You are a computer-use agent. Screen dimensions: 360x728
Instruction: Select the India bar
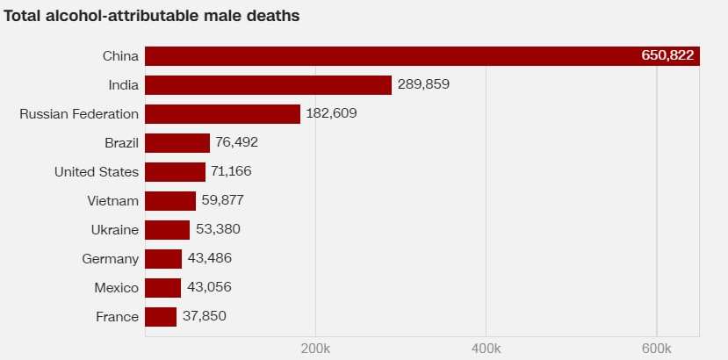click(268, 85)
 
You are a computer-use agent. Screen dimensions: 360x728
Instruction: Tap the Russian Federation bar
click(222, 114)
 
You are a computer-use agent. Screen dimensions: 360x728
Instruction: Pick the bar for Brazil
click(177, 143)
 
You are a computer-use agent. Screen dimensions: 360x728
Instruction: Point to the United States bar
click(175, 172)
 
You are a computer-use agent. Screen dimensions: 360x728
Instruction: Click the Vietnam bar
click(170, 201)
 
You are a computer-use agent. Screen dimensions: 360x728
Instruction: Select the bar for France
click(161, 317)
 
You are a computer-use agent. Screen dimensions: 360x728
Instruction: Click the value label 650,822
click(667, 56)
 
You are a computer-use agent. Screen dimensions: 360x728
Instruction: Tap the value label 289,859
click(423, 85)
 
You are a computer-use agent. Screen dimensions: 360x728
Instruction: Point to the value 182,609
click(332, 114)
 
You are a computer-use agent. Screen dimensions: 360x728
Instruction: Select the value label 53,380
click(218, 230)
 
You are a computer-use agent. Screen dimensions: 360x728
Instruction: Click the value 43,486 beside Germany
click(209, 259)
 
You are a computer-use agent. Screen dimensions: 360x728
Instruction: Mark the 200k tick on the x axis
click(315, 349)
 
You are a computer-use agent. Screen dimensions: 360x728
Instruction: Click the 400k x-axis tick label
click(486, 349)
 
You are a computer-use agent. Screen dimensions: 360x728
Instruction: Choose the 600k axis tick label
click(656, 349)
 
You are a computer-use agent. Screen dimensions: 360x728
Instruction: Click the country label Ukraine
click(114, 230)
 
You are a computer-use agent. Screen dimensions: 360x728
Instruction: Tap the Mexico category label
click(116, 288)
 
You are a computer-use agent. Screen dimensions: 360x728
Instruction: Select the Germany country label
click(110, 259)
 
